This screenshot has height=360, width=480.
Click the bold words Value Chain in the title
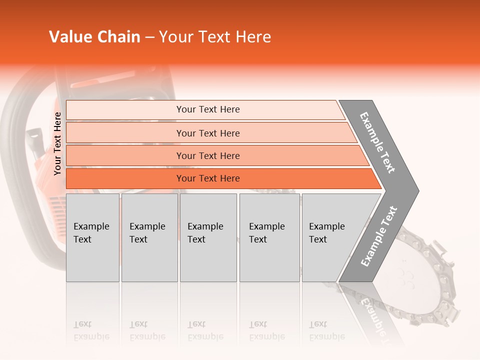coord(94,37)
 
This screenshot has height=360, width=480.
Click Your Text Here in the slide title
coord(215,37)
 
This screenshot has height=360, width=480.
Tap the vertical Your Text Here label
coord(57,144)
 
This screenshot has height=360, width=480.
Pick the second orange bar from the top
coord(207,133)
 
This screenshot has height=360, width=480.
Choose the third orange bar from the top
coord(207,155)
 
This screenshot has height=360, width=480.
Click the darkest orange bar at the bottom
coord(207,178)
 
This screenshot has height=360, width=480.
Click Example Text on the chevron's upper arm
coord(378,142)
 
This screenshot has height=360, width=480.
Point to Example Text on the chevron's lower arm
coord(379,236)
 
